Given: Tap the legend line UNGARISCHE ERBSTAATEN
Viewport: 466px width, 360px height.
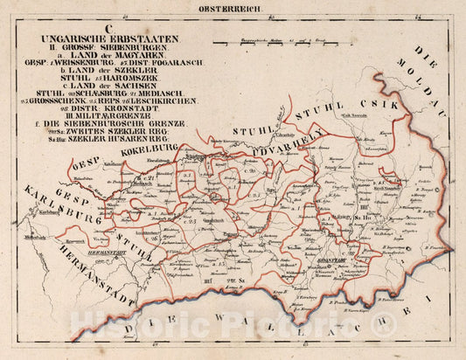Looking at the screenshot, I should point(108,40).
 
